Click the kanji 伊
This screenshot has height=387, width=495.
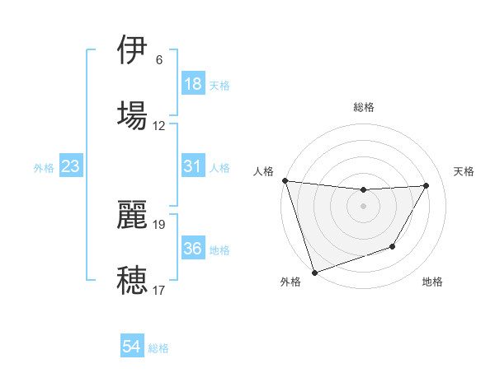click(x=132, y=51)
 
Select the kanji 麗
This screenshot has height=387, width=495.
click(x=132, y=216)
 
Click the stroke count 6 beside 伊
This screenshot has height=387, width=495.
click(x=158, y=60)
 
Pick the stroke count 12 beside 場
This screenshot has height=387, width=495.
click(x=159, y=125)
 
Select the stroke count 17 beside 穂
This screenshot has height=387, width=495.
click(x=159, y=290)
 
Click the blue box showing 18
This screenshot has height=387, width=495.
click(x=193, y=84)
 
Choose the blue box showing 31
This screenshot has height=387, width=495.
click(x=193, y=166)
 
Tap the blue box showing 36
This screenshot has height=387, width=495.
click(x=193, y=249)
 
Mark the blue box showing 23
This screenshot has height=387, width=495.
click(x=71, y=166)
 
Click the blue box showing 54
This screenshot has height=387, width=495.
click(x=132, y=347)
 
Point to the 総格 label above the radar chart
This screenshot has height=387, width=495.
click(x=364, y=107)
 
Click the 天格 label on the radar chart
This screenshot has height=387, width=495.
click(x=464, y=171)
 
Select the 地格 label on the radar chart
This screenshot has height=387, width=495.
click(x=432, y=282)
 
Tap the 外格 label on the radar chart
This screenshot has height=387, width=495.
click(x=290, y=282)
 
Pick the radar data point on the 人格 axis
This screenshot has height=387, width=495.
click(x=285, y=180)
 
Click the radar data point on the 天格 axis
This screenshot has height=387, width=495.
click(x=427, y=185)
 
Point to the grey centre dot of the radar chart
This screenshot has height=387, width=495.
click(x=364, y=206)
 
